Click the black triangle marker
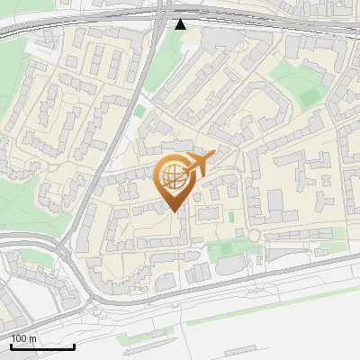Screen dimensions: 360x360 (181, 23)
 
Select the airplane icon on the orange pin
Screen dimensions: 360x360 (199, 164)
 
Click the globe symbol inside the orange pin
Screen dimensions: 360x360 (171, 175)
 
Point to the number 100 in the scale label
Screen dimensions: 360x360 (20, 338)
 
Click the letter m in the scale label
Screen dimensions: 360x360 (33, 338)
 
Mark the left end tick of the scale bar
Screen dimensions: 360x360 (12, 346)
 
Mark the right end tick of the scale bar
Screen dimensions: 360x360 (74, 346)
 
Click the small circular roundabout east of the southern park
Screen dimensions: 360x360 (254, 236)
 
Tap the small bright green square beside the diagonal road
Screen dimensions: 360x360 (139, 112)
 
